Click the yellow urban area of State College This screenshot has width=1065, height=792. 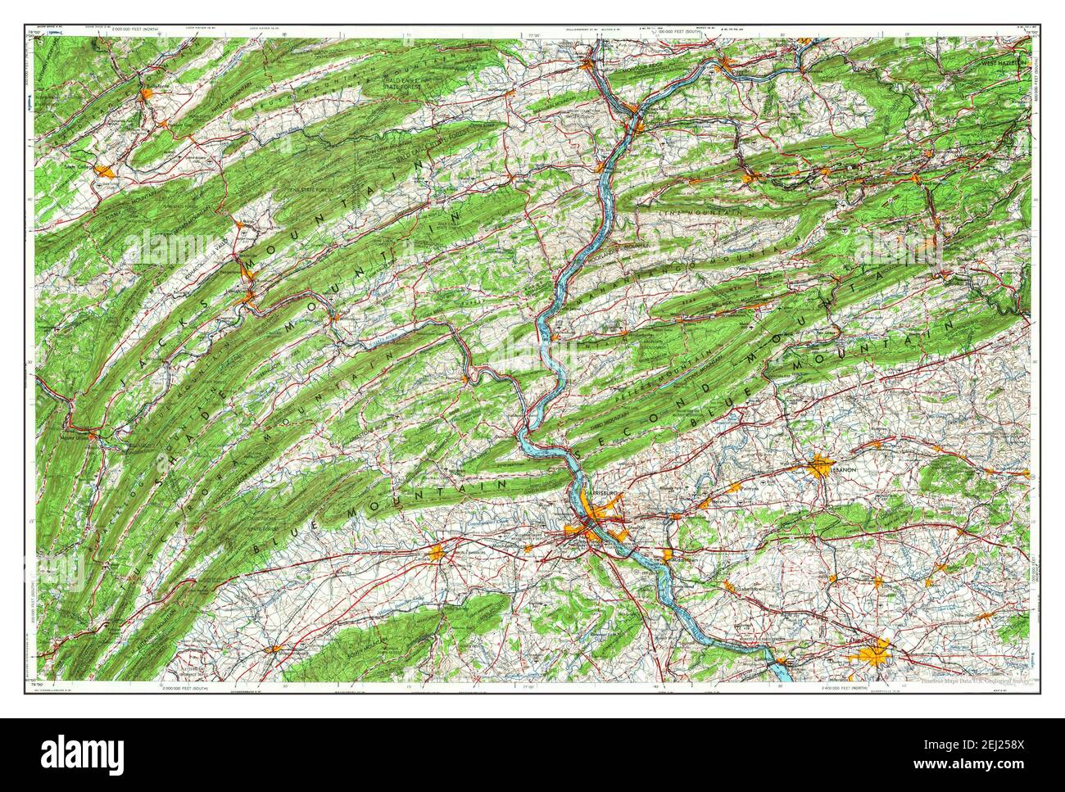(x=105, y=171)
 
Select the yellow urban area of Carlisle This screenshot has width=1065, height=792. (x=436, y=553)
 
